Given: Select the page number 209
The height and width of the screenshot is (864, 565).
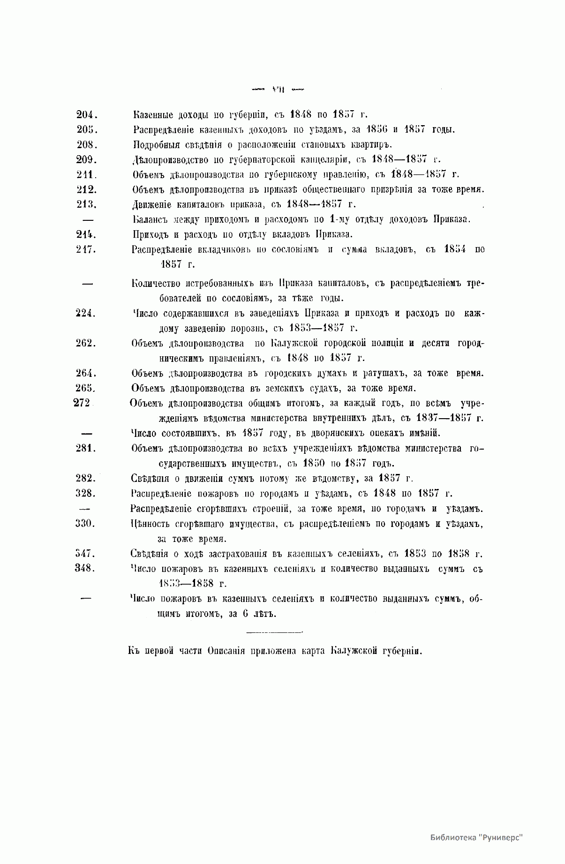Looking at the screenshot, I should tap(86, 160).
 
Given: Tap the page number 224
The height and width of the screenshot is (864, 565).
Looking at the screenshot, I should tap(86, 314).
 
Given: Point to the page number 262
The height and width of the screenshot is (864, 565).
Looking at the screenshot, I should tap(86, 343).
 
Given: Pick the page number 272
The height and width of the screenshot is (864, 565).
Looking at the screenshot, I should tap(82, 403).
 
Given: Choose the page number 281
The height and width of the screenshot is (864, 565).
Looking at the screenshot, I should tap(86, 448).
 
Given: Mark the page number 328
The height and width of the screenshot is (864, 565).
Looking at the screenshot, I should tap(86, 493).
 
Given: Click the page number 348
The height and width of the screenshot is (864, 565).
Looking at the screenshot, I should tap(86, 569).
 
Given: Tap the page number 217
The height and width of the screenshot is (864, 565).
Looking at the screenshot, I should tap(86, 249).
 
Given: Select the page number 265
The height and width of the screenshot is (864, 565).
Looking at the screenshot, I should tap(86, 388).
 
